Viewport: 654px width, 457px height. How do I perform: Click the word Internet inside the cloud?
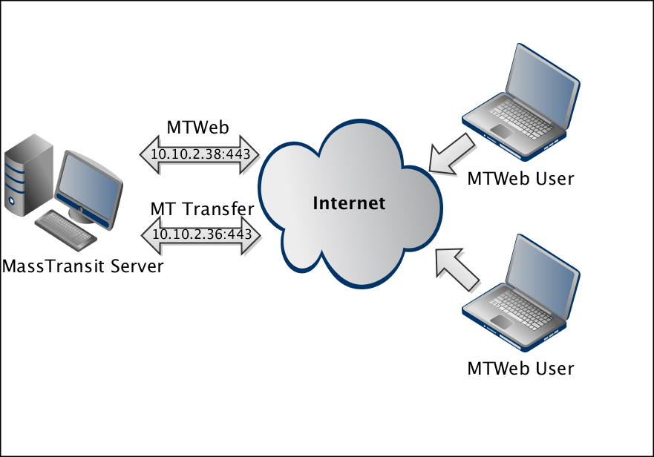point(349,203)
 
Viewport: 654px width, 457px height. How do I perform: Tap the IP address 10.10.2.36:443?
point(201,235)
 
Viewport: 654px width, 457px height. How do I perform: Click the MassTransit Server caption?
point(82,266)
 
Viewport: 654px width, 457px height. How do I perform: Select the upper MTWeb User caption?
point(521,179)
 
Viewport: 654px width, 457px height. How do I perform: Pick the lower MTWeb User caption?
point(521,368)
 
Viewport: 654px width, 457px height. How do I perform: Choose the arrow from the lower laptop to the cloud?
point(457,266)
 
